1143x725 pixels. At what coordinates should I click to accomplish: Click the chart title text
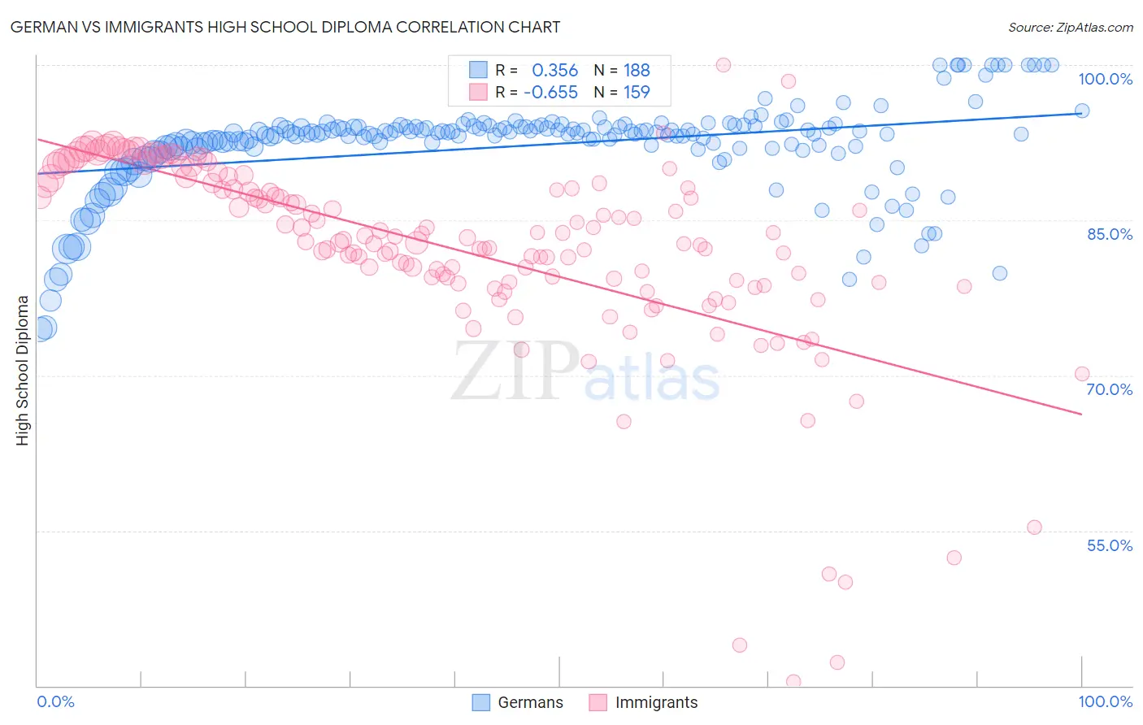pyautogui.click(x=285, y=27)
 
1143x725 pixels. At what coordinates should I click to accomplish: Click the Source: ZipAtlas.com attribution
pyautogui.click(x=1070, y=27)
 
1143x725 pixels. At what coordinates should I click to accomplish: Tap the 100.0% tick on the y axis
pyautogui.click(x=1105, y=79)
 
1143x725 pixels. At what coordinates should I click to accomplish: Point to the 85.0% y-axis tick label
pyautogui.click(x=1109, y=234)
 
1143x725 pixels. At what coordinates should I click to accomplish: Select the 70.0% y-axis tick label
pyautogui.click(x=1109, y=389)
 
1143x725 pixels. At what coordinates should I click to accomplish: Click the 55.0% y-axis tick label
pyautogui.click(x=1109, y=545)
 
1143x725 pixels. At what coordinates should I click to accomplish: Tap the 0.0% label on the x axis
pyautogui.click(x=56, y=701)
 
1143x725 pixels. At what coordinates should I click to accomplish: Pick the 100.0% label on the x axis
pyautogui.click(x=1105, y=701)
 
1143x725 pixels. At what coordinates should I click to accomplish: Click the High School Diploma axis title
pyautogui.click(x=23, y=370)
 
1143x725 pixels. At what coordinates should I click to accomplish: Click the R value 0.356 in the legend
pyautogui.click(x=554, y=71)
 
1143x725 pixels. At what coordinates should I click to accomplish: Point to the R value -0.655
pyautogui.click(x=550, y=93)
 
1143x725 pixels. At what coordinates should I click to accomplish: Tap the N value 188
pyautogui.click(x=637, y=71)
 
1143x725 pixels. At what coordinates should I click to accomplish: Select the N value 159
pyautogui.click(x=637, y=93)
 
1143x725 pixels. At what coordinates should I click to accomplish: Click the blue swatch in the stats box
pyautogui.click(x=478, y=70)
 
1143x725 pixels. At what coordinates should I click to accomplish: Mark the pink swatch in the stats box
pyautogui.click(x=478, y=92)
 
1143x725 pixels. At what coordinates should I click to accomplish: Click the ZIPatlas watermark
pyautogui.click(x=585, y=372)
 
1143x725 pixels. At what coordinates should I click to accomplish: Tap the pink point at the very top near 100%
pyautogui.click(x=723, y=65)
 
